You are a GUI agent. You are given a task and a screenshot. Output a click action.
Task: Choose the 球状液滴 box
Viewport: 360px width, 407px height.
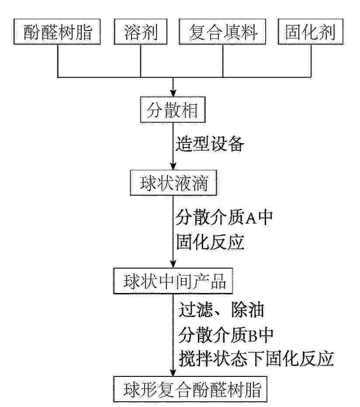tap(173, 184)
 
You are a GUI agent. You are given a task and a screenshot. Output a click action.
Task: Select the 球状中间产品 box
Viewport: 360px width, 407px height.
tap(173, 282)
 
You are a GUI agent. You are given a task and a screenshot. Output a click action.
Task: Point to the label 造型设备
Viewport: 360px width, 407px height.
tap(209, 144)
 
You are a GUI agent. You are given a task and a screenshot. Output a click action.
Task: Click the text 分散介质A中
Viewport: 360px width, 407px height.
tap(224, 217)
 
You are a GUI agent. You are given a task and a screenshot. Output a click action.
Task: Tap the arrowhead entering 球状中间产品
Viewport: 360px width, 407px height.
tap(173, 265)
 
